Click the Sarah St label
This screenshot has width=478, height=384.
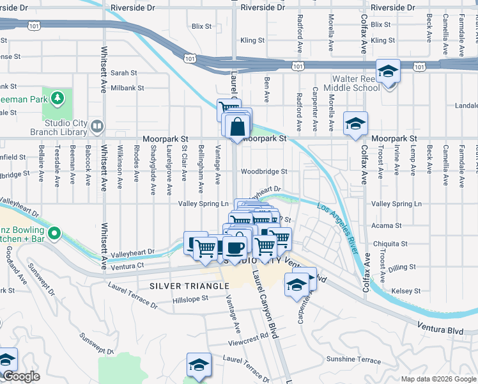[124, 73]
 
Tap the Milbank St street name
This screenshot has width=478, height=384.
[128, 88]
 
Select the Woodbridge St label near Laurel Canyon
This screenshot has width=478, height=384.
[264, 172]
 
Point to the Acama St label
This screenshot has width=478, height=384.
[386, 225]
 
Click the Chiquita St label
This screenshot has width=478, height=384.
[390, 244]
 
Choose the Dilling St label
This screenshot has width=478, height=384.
[401, 268]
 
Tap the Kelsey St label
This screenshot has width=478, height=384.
[402, 291]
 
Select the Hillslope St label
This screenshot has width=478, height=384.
[190, 299]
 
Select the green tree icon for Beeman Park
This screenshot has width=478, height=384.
[58, 97]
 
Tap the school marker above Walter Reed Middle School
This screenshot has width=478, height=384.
[387, 71]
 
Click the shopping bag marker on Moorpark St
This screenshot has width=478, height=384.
[237, 127]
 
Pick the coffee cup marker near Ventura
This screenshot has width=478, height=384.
[235, 247]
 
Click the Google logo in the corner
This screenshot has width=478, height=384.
[21, 377]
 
